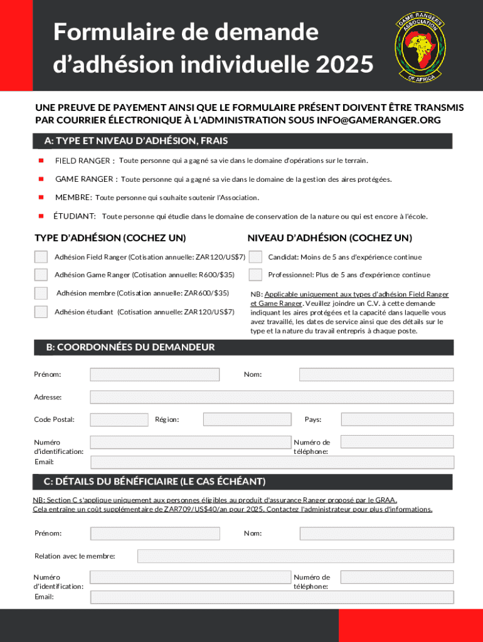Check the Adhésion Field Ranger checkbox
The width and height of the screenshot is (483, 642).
[41, 256]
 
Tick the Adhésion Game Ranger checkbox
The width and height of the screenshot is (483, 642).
[41, 275]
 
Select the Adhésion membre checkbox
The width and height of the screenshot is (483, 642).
[41, 293]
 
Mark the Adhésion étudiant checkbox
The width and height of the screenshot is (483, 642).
[41, 312]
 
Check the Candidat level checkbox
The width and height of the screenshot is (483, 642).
[255, 256]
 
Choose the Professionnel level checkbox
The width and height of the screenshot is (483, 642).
[255, 275]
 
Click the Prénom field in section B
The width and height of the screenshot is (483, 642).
[154, 374]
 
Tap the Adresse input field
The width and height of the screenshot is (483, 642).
[271, 397]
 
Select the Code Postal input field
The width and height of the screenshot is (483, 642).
[119, 419]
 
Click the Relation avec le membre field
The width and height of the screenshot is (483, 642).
[295, 556]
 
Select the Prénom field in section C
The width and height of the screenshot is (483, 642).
[155, 534]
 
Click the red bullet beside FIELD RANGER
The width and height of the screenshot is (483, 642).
[41, 160]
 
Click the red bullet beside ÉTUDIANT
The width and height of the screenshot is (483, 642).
[41, 216]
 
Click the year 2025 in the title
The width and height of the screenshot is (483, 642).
[342, 63]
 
